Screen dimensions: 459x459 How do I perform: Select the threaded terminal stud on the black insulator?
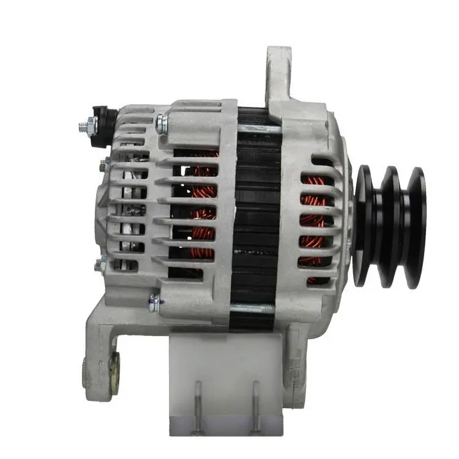tap(84, 128)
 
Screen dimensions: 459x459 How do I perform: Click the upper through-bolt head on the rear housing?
tap(161, 124)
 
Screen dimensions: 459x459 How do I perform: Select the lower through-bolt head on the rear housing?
tap(155, 301)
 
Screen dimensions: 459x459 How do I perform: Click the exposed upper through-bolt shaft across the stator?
tap(257, 130)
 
